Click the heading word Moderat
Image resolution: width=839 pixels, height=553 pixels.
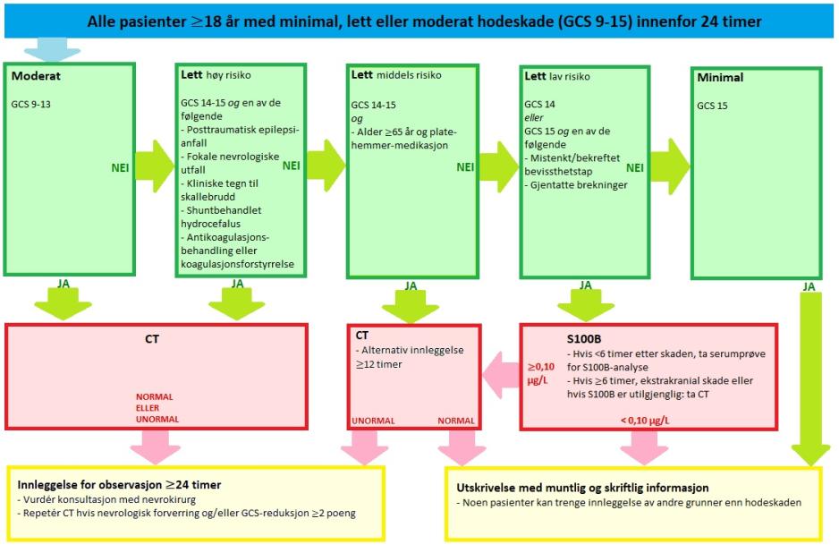pos(36,77)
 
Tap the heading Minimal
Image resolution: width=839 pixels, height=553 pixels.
pos(720,78)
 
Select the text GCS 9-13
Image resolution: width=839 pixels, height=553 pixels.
pos(32,104)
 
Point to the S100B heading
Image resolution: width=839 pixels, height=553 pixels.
pos(584,340)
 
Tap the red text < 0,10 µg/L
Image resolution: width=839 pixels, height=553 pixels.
pos(648,420)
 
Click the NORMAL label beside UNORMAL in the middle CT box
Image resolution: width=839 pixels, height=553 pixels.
pos(456,420)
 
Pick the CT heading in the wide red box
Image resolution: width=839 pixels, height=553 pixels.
pos(153,340)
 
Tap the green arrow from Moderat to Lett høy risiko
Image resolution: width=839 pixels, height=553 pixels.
pos(154,166)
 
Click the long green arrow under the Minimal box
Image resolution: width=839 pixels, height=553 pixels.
pos(810,376)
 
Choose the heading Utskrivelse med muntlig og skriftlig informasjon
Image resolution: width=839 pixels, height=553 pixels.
pos(581,488)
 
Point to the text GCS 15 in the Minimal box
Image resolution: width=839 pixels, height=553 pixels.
pos(714,105)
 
